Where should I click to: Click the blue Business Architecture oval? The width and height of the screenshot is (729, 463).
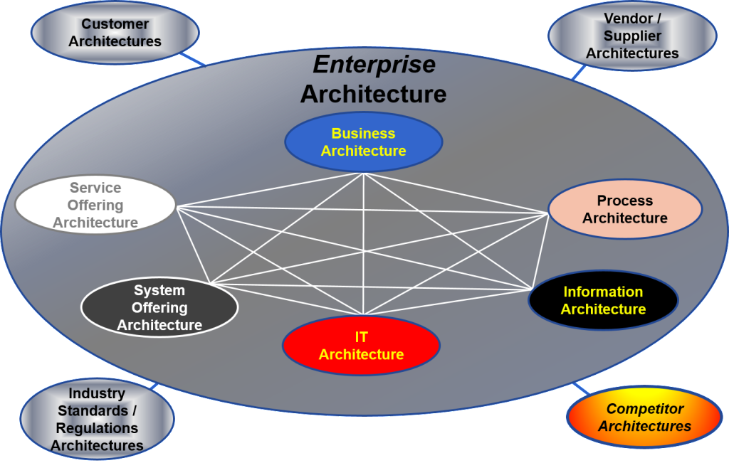(x=363, y=142)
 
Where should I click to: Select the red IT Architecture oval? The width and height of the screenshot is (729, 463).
(x=361, y=346)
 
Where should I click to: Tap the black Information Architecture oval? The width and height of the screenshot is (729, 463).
(x=603, y=300)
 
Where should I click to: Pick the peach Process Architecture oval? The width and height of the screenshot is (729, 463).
(x=624, y=209)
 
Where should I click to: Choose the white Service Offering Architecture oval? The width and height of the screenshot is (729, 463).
(x=95, y=206)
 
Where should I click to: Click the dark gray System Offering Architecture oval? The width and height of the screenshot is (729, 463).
(x=159, y=308)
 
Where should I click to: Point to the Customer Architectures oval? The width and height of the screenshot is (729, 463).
(x=115, y=33)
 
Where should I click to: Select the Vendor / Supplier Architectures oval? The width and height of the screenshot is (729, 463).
(x=631, y=36)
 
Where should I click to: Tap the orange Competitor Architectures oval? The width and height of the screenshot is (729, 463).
(x=644, y=417)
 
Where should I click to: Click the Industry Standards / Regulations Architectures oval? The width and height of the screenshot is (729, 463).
(x=97, y=420)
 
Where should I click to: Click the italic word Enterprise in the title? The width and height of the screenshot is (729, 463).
(x=374, y=65)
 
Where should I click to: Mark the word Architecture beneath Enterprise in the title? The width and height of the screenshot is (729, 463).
(x=373, y=93)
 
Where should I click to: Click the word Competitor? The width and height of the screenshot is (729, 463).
(x=644, y=409)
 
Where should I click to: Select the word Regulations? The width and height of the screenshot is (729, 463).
(x=98, y=428)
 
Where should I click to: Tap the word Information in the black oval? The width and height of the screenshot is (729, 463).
(x=603, y=292)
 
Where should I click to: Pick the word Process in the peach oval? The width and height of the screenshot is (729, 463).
(x=624, y=201)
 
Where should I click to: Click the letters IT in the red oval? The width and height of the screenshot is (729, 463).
(x=361, y=337)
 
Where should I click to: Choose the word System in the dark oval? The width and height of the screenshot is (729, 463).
(x=159, y=290)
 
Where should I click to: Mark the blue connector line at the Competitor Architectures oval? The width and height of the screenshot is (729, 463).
(x=582, y=389)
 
